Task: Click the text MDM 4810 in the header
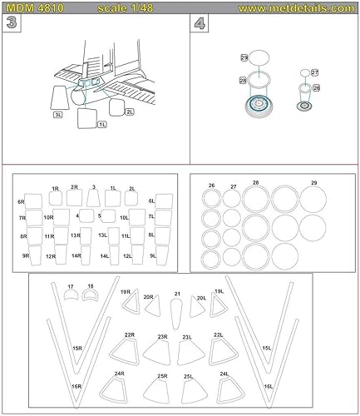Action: pos(29,7)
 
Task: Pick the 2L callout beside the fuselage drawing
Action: pos(129,110)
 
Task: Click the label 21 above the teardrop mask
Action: pos(176,294)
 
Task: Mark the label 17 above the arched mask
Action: pos(71,287)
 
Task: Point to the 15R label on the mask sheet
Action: pos(76,348)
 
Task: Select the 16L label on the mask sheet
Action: pos(268,387)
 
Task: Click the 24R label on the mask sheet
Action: pos(120,374)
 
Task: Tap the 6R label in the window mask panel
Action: pos(21,201)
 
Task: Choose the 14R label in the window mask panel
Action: pos(76,255)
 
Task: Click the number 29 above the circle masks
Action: pos(313,182)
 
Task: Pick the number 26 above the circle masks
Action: pos(211,186)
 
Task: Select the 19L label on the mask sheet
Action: pos(219,291)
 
